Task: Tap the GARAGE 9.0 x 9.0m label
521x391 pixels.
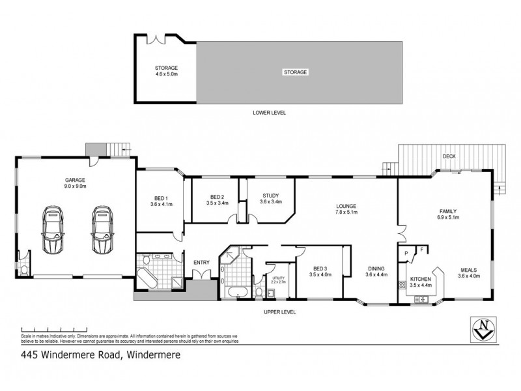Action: (x=75, y=183)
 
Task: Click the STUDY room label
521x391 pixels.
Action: (x=271, y=199)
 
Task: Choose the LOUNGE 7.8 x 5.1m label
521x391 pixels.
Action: (x=345, y=209)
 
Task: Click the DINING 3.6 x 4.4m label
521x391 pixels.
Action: (x=376, y=272)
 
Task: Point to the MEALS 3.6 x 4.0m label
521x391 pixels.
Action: (x=468, y=272)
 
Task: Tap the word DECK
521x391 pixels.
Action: (x=449, y=156)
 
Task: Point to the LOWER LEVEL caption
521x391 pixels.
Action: (x=269, y=113)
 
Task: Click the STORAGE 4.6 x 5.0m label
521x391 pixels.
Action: (x=166, y=71)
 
